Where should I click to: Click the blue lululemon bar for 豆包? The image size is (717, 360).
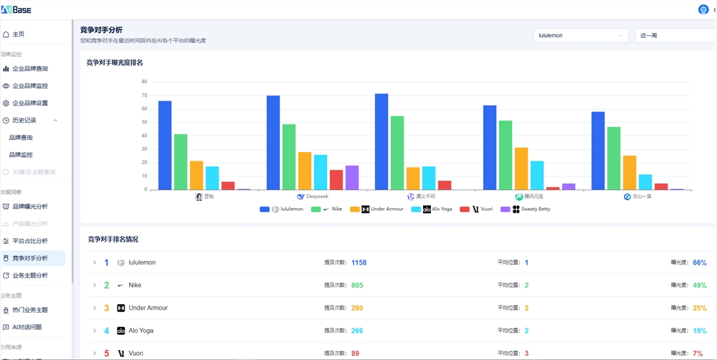(165, 146)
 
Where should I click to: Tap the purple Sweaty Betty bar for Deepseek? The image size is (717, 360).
(352, 178)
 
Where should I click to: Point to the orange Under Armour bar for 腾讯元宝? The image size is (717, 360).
(521, 169)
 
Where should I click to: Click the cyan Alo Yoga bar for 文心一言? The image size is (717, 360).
(645, 182)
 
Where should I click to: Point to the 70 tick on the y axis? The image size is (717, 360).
(144, 95)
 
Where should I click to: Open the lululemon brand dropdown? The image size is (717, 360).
(581, 35)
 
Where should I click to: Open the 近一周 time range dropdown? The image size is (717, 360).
(674, 35)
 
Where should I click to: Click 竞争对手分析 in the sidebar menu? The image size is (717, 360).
(30, 258)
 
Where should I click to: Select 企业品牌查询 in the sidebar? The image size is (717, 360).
(30, 69)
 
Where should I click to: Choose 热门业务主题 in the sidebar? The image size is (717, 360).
(30, 310)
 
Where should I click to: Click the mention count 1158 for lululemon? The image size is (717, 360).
(358, 262)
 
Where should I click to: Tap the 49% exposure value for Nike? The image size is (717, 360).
(700, 285)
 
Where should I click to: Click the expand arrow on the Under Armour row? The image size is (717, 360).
(95, 308)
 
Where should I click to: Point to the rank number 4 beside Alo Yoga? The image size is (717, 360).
(107, 331)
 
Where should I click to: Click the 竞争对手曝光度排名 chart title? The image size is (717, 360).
(115, 63)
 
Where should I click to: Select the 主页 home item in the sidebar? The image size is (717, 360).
(18, 34)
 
